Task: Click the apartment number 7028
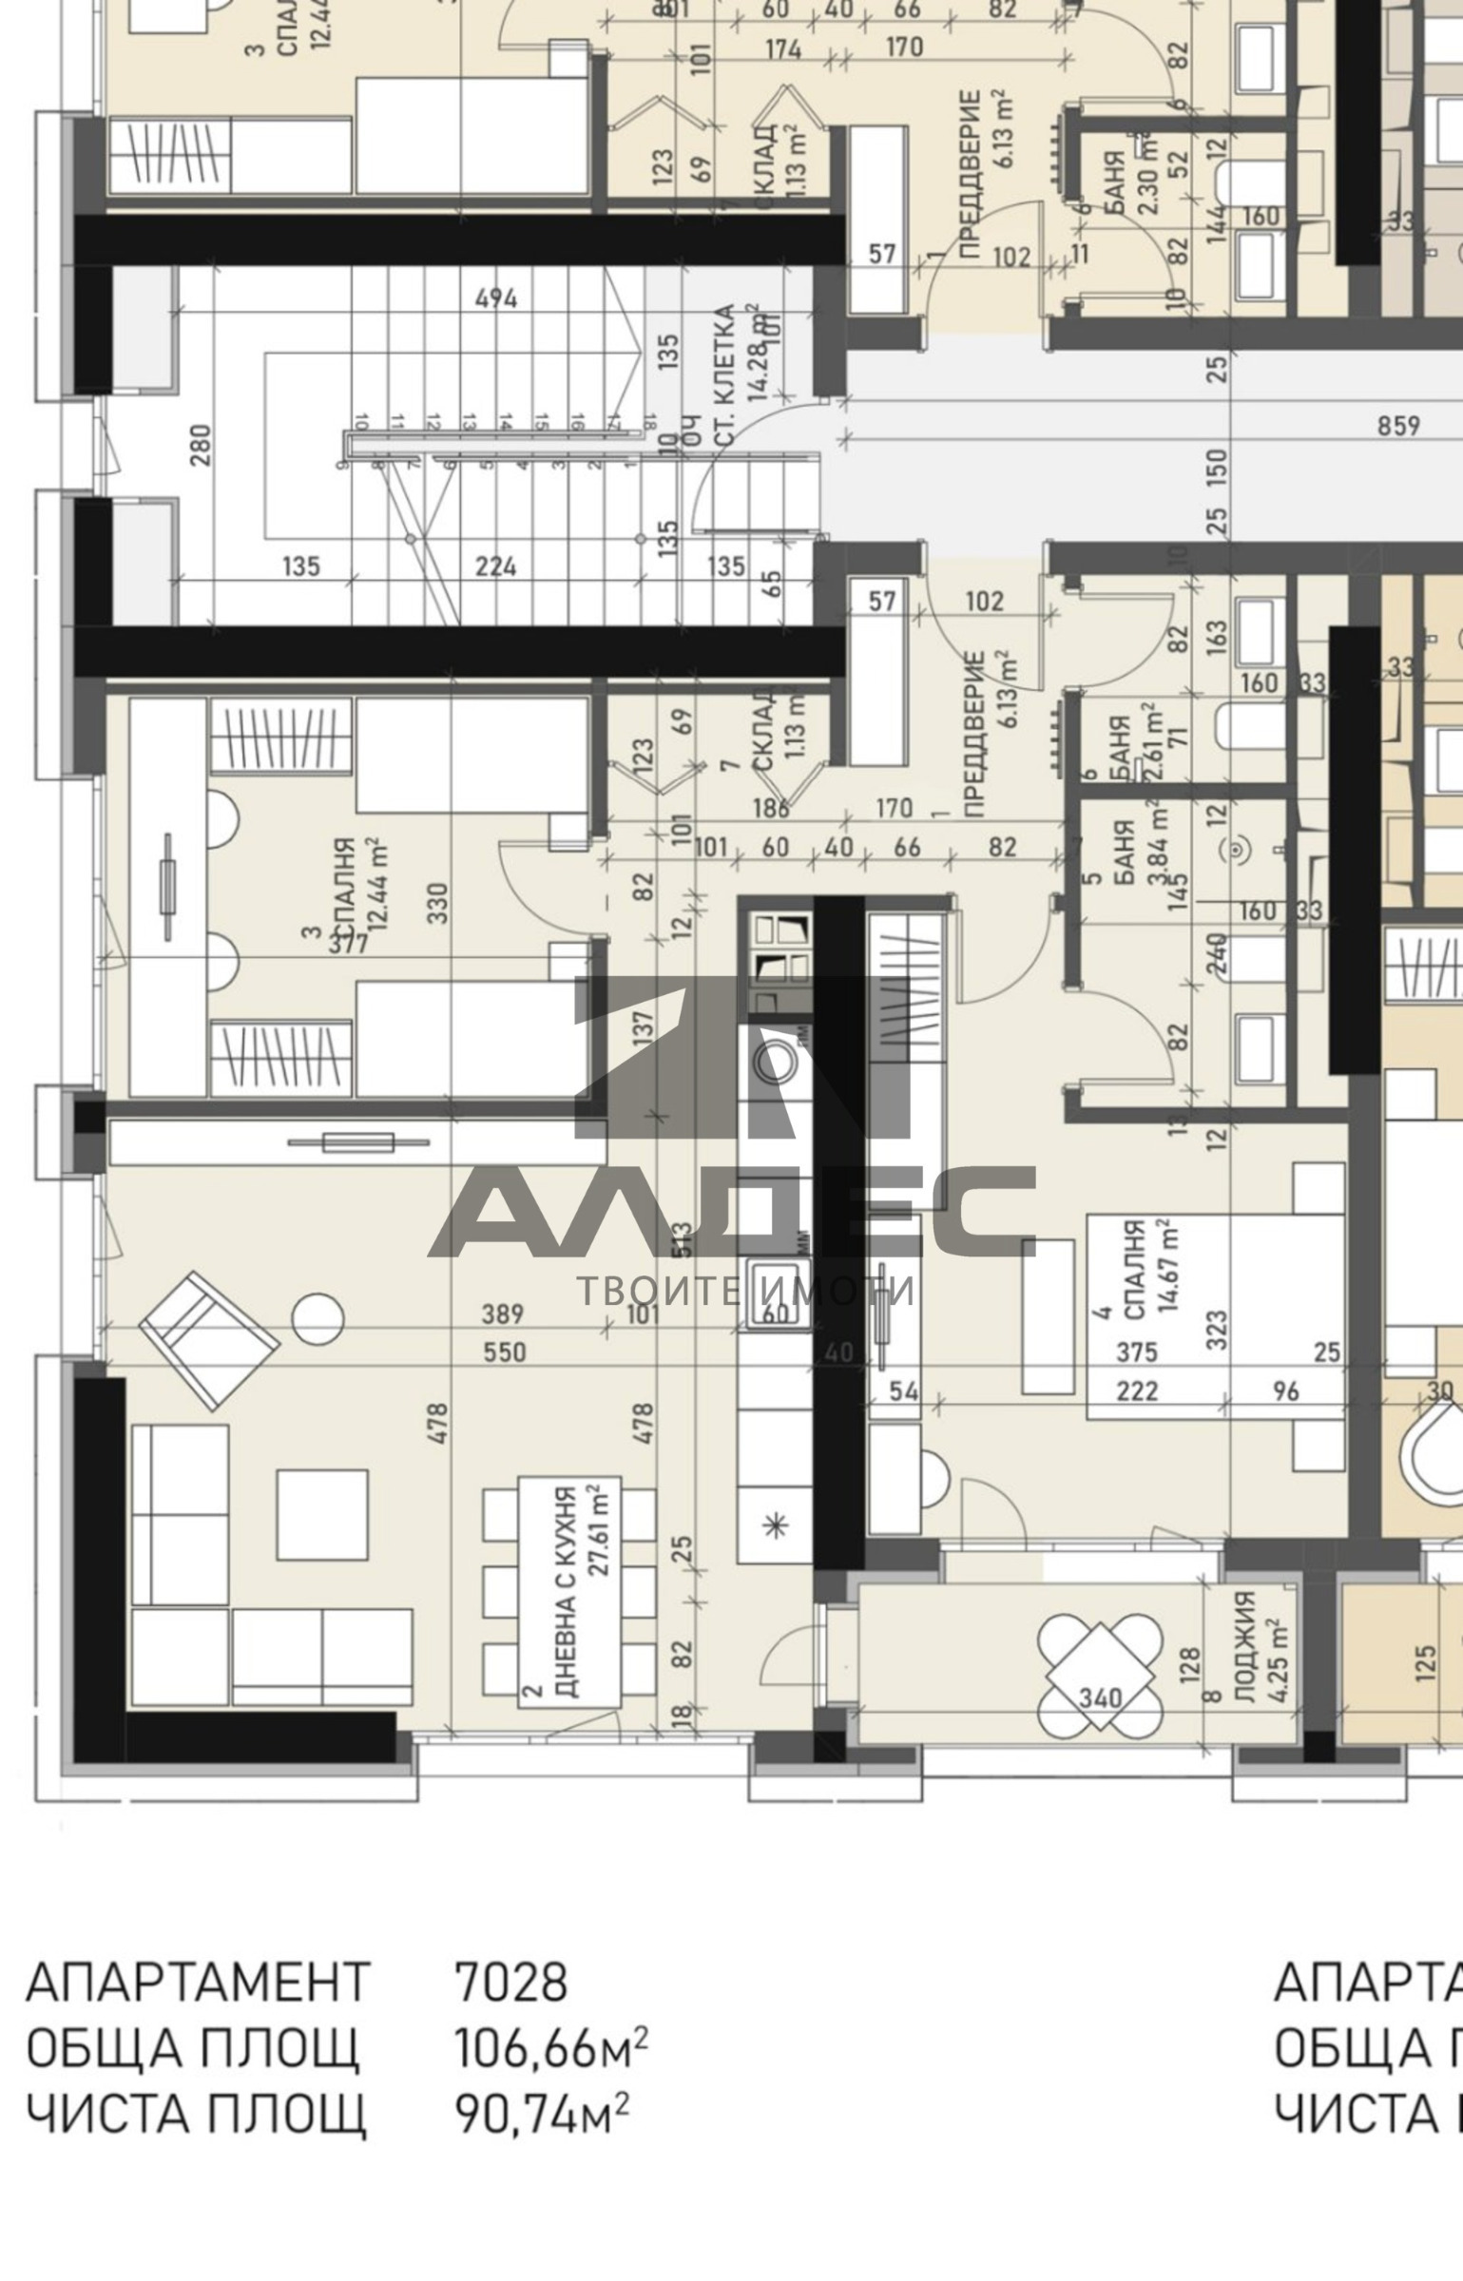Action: (510, 1984)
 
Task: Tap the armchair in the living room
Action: (208, 1340)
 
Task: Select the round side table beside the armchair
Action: (317, 1319)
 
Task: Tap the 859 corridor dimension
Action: (1398, 426)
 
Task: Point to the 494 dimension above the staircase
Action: (496, 298)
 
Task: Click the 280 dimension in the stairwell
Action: (201, 445)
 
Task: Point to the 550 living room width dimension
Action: (504, 1351)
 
